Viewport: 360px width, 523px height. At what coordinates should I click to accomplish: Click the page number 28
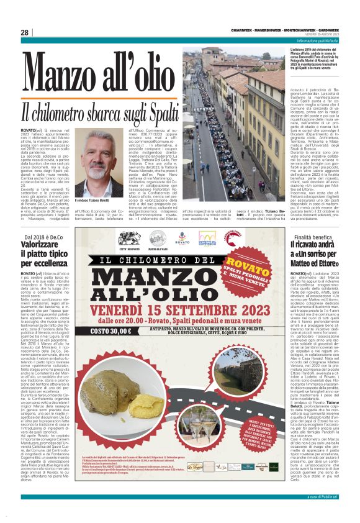(x=25, y=32)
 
